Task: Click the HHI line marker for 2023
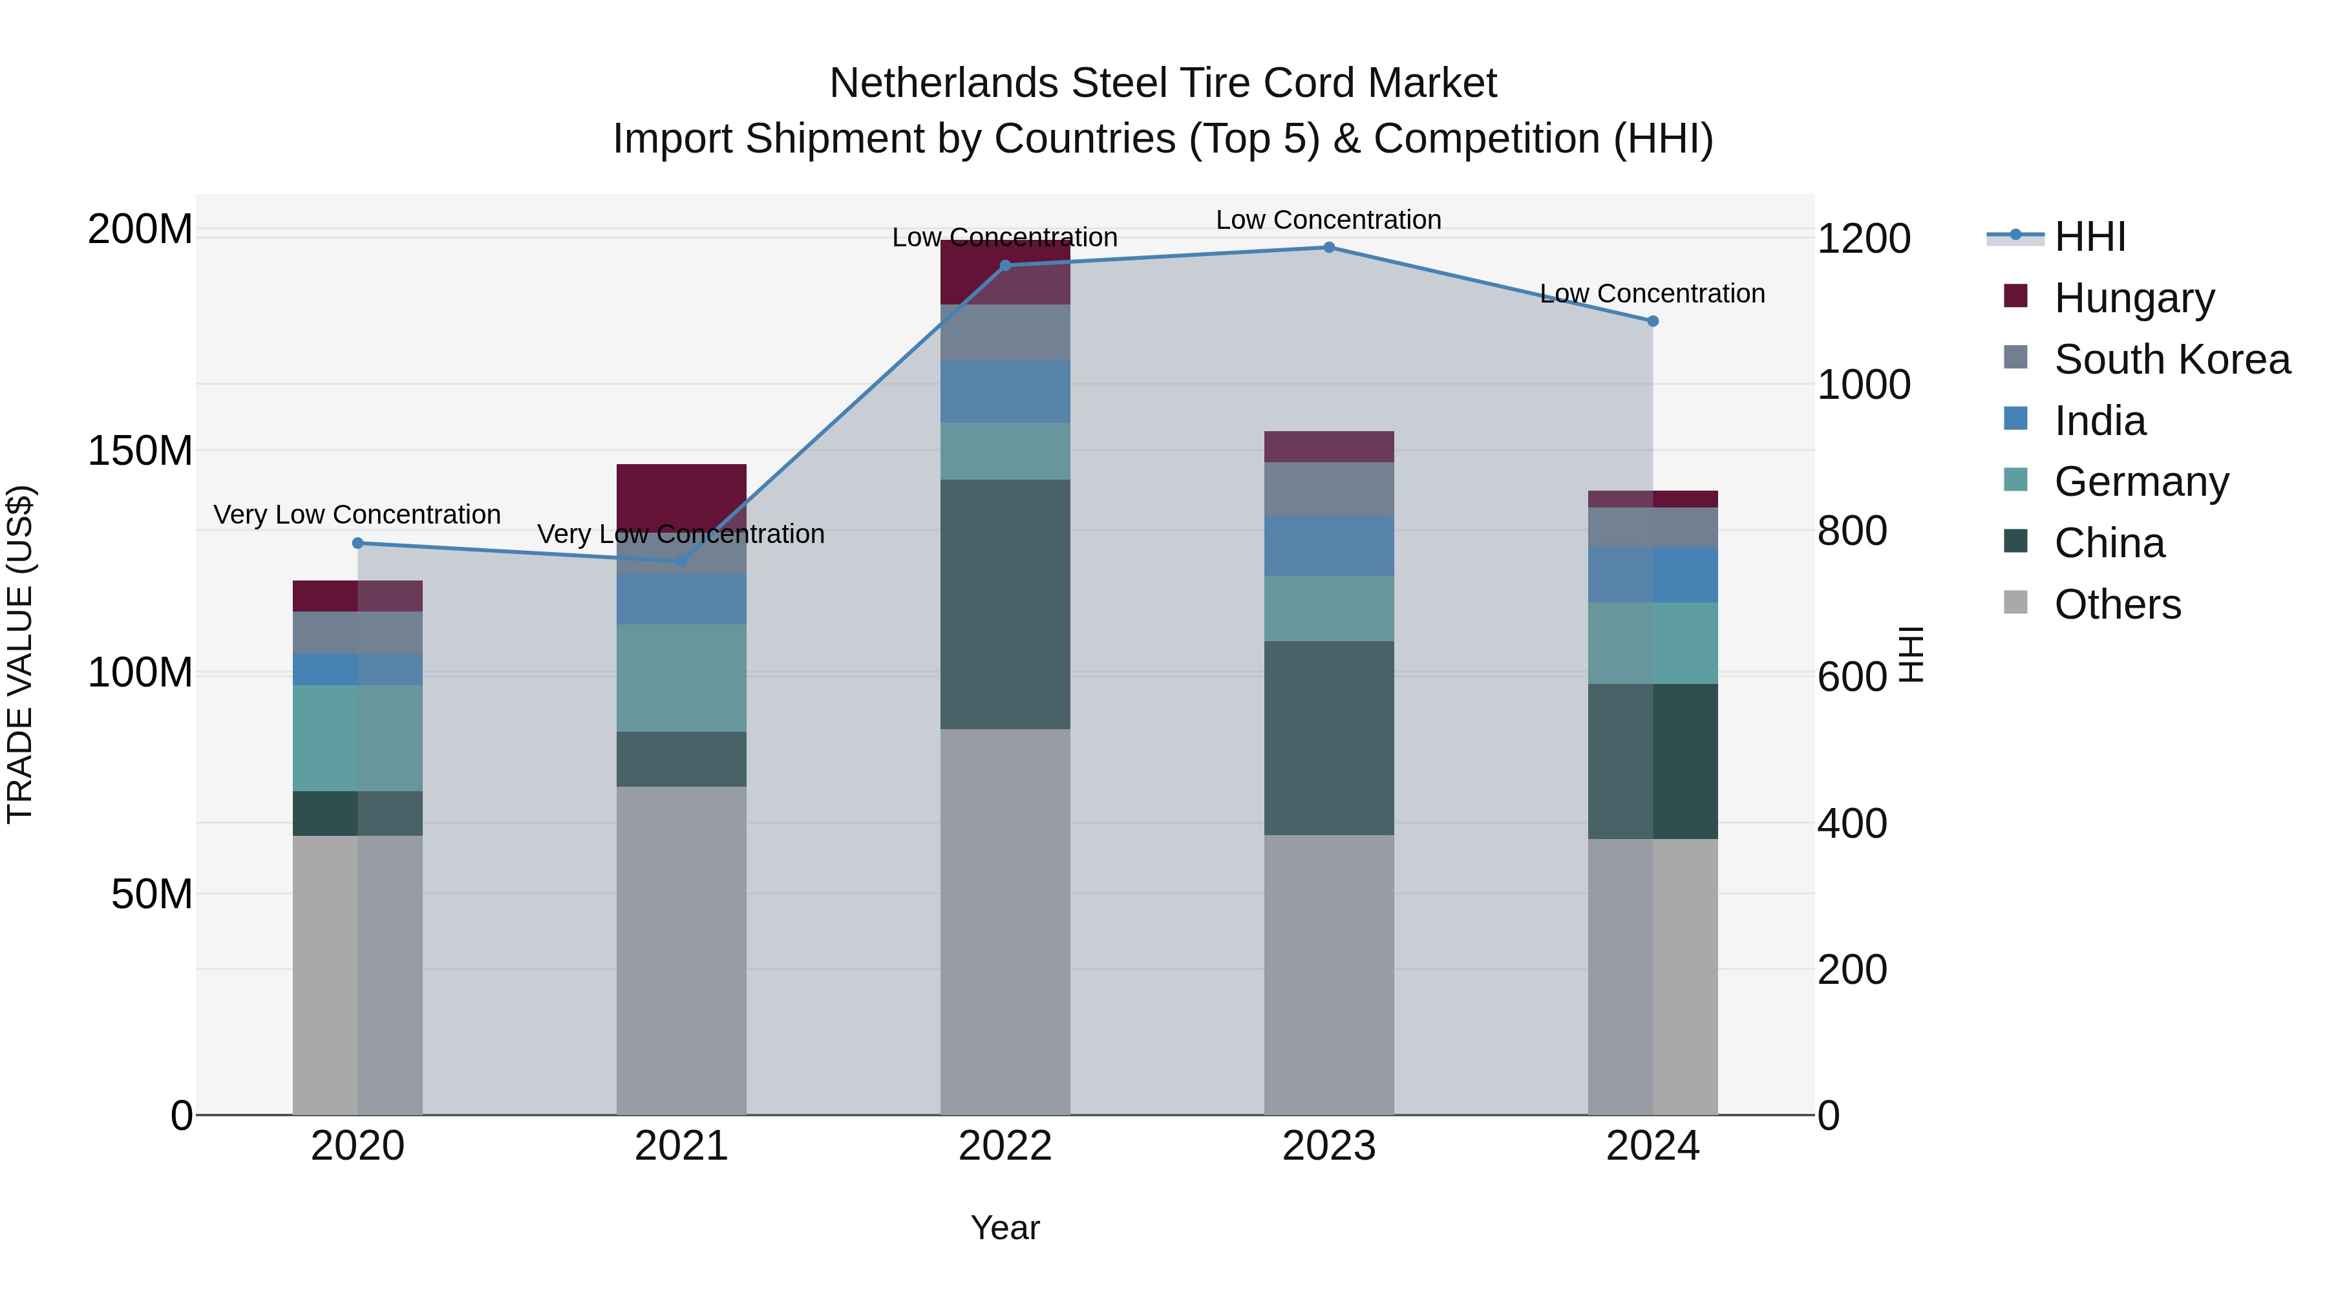[x=1329, y=248]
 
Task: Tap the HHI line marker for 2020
[x=357, y=543]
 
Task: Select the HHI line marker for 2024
[x=1652, y=321]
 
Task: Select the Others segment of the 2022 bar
[x=1004, y=921]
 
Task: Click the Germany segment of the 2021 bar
[x=681, y=677]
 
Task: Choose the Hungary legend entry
[x=2134, y=298]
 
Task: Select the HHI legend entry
[x=2088, y=237]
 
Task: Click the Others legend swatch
[x=2015, y=602]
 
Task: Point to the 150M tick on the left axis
[x=140, y=451]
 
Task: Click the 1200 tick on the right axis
[x=1863, y=239]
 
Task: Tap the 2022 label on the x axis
[x=1004, y=1146]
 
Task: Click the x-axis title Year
[x=1004, y=1228]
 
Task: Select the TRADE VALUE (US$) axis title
[x=20, y=654]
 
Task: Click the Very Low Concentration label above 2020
[x=357, y=515]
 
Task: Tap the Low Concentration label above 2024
[x=1652, y=293]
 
